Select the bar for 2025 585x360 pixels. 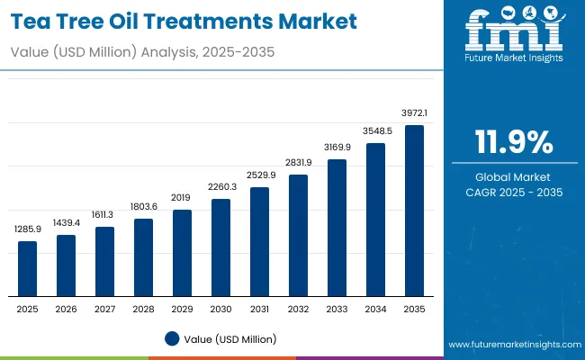[28, 269]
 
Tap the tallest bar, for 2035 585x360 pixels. [414, 211]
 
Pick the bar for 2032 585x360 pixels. [298, 235]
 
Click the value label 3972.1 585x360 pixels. [414, 113]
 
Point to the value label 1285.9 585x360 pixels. [28, 230]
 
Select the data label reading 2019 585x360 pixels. [182, 198]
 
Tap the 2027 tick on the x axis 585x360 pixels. [104, 309]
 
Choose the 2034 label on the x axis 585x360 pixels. [375, 309]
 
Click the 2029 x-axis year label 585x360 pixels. [182, 309]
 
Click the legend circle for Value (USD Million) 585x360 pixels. [172, 338]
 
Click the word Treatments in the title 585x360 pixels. [232, 19]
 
